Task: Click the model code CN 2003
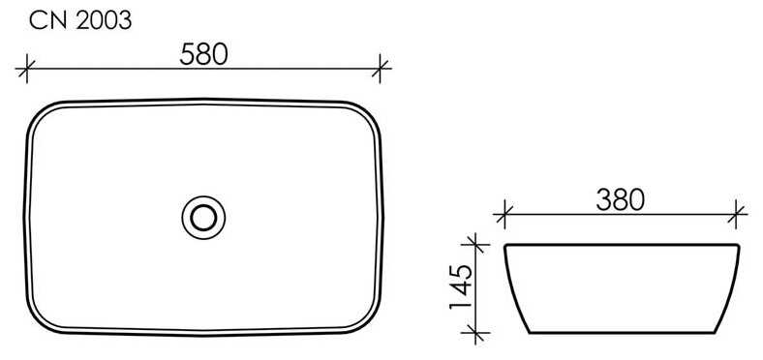pyautogui.click(x=80, y=20)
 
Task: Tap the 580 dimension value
pyautogui.click(x=203, y=54)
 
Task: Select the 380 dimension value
pyautogui.click(x=621, y=199)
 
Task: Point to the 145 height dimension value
pyautogui.click(x=460, y=287)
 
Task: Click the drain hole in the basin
pyautogui.click(x=203, y=218)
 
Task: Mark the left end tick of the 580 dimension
pyautogui.click(x=26, y=69)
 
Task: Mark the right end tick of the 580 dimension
pyautogui.click(x=380, y=69)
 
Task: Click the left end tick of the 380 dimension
pyautogui.click(x=504, y=214)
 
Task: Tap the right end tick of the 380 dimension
pyautogui.click(x=736, y=214)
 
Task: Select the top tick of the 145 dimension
pyautogui.click(x=474, y=243)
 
